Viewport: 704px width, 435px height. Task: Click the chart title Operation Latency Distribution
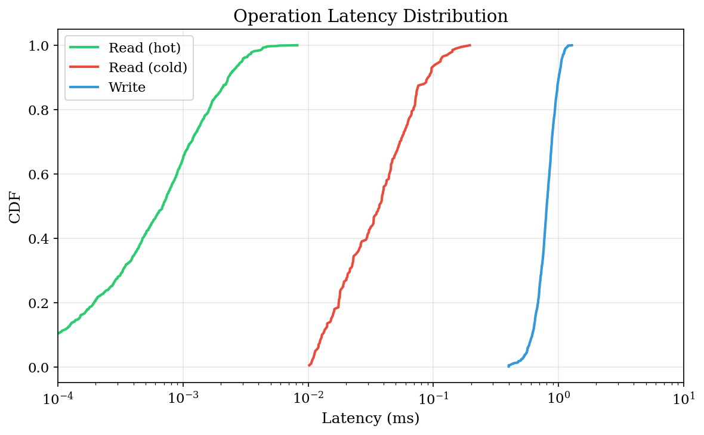(370, 16)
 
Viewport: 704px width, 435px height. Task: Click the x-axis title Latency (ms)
(370, 418)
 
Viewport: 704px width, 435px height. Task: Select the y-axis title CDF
(16, 207)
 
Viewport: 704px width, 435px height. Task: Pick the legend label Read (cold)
(147, 67)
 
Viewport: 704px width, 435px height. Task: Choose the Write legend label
(126, 87)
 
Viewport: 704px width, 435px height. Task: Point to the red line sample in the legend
(84, 67)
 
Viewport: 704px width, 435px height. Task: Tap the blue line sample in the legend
(84, 87)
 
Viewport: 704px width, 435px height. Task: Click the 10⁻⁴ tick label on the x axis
(58, 397)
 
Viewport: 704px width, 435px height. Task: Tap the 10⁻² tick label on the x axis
(308, 397)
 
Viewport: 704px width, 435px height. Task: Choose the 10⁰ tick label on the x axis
(558, 397)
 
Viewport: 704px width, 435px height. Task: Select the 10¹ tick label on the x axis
(684, 397)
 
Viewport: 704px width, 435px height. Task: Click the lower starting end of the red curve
(309, 365)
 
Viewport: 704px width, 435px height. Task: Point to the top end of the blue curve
(572, 45)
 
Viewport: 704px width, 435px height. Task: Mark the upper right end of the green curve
(298, 45)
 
